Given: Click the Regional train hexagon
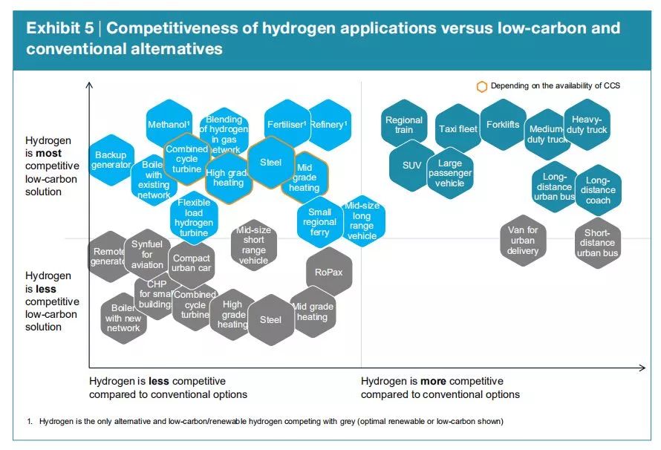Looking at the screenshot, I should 404,125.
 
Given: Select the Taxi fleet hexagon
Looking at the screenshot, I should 458,128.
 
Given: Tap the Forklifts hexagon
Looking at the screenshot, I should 503,124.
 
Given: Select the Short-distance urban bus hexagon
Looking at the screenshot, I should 598,243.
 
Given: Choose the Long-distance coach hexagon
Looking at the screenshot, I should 598,190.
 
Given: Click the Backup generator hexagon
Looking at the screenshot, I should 111,160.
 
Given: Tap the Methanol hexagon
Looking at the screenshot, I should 169,124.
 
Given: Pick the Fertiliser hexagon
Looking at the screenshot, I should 286,124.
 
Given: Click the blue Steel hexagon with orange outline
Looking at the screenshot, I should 271,162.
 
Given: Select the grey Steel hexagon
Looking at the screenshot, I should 270,320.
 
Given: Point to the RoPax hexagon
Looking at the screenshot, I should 328,273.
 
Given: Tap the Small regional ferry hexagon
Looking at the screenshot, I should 319,222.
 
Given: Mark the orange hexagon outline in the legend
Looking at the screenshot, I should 482,86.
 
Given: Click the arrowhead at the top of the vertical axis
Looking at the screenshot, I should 89,85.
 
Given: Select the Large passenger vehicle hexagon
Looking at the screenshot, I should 450,173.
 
